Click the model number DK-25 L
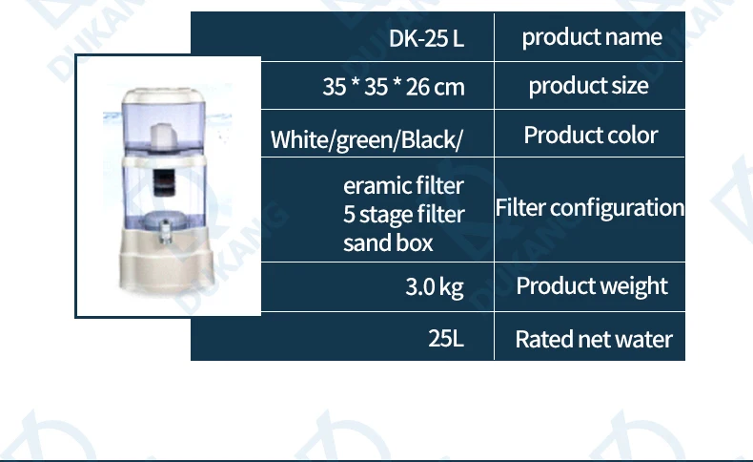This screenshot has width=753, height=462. click(x=426, y=39)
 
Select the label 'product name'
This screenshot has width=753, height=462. click(x=591, y=37)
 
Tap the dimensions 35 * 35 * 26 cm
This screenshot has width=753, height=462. click(x=393, y=87)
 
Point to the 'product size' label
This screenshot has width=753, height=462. click(x=588, y=86)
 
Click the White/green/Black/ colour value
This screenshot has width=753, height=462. click(x=367, y=140)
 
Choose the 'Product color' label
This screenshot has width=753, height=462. click(x=590, y=135)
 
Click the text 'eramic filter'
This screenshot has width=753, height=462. click(x=403, y=185)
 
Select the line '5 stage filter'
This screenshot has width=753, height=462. click(x=403, y=214)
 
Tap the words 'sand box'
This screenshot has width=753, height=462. click(x=388, y=242)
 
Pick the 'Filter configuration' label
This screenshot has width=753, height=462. click(x=589, y=207)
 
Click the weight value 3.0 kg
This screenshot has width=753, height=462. click(x=435, y=286)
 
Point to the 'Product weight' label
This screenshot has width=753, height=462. click(x=591, y=285)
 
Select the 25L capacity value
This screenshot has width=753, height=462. click(x=446, y=338)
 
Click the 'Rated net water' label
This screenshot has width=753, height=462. click(x=593, y=339)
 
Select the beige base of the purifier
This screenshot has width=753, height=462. click(x=168, y=272)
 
